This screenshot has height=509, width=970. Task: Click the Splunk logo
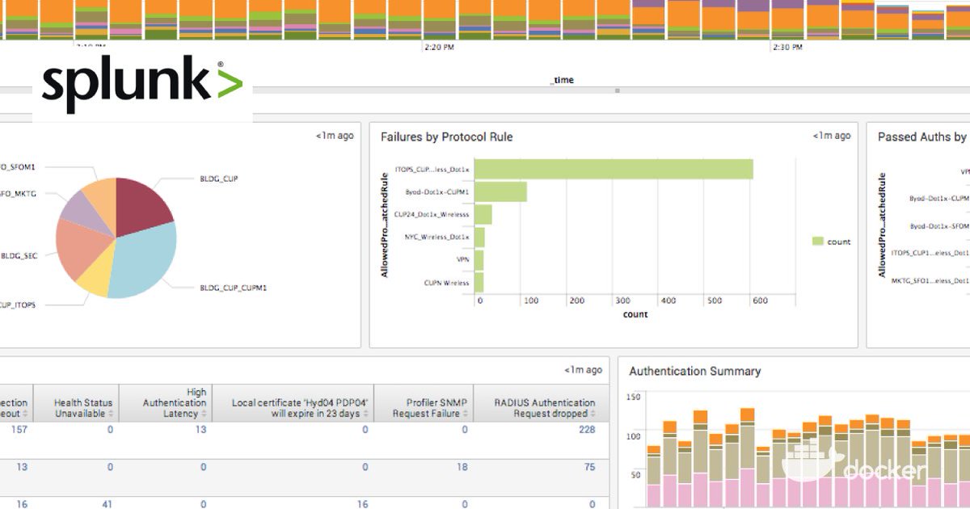point(142,85)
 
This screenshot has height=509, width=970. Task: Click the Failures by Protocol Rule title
point(446,137)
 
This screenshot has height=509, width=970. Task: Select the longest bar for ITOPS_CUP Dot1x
point(614,169)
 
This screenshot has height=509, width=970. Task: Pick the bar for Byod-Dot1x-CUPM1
point(500,191)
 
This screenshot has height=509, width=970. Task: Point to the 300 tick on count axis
point(622,301)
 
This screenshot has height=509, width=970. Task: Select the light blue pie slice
point(145,259)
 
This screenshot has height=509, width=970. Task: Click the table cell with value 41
point(107,503)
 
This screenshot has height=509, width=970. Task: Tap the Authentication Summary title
point(694,372)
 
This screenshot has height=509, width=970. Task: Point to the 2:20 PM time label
point(438,48)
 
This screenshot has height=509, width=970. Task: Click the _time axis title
point(562,80)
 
